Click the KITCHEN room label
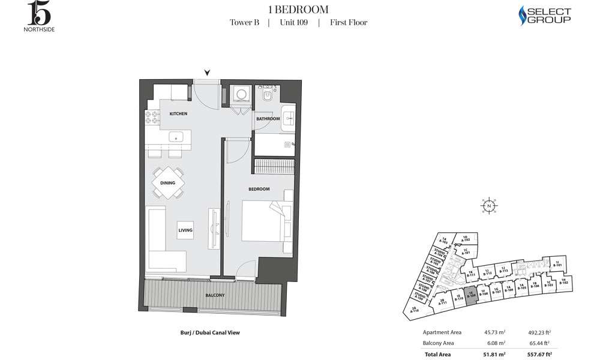[178, 113]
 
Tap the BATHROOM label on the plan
[268, 119]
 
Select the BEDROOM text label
[259, 189]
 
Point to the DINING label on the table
[168, 183]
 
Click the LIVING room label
[184, 230]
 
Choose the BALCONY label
[214, 295]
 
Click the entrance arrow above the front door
[208, 73]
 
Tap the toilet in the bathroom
[268, 95]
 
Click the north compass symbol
[490, 205]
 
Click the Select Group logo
[544, 16]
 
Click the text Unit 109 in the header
[293, 23]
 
